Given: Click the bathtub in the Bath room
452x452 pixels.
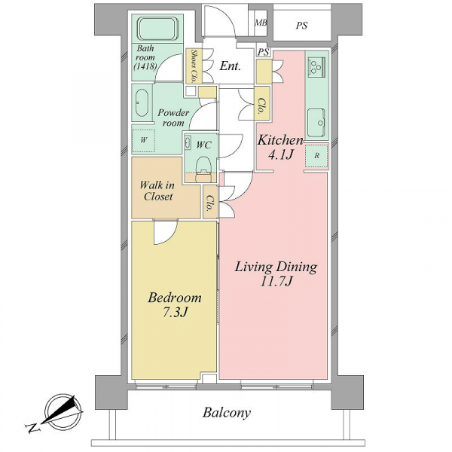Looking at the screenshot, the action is tap(157, 29).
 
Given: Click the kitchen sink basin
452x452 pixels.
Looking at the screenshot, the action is tap(316, 123).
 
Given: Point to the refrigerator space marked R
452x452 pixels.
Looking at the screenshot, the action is tap(317, 156).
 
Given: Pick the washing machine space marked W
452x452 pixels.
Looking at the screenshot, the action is tap(144, 140).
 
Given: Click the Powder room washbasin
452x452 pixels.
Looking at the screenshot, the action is tap(142, 102).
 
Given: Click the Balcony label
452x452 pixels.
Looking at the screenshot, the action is tap(227, 413).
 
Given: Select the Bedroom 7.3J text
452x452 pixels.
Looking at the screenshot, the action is tap(175, 304).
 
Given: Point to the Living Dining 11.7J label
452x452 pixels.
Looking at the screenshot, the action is tap(276, 273).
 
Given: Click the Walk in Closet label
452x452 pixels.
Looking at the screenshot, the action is tap(157, 191).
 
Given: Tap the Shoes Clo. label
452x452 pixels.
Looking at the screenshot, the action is tap(194, 66).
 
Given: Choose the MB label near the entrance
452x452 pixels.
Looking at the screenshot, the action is tap(261, 23).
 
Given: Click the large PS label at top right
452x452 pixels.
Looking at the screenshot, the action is tap(301, 26).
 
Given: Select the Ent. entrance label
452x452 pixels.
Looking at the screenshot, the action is tap(230, 66).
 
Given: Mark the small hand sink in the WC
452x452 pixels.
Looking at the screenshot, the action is tap(188, 142).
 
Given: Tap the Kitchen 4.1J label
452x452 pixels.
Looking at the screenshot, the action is tap(280, 148).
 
